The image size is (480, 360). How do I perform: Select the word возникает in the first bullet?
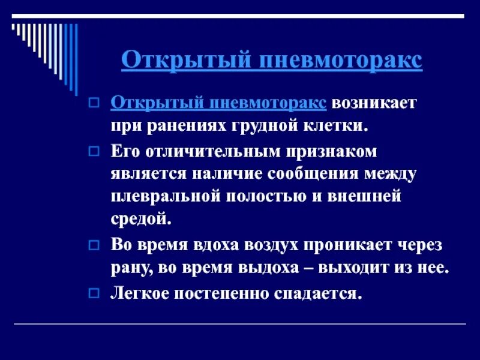pos(374,102)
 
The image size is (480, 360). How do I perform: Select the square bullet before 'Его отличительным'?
pos(93,151)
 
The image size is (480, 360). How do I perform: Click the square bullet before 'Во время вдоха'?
pos(93,244)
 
